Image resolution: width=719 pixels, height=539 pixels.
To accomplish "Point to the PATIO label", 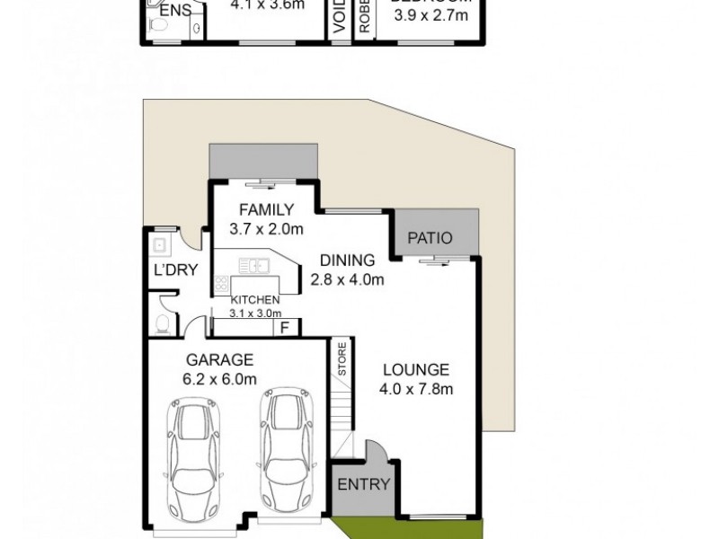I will (430, 239).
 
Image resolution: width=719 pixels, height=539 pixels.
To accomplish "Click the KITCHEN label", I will (255, 300).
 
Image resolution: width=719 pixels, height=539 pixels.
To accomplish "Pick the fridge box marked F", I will (284, 327).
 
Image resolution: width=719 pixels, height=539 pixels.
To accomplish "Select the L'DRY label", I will (174, 269).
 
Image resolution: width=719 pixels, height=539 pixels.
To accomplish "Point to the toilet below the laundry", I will (163, 323).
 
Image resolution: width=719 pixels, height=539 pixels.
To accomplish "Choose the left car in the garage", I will (196, 458).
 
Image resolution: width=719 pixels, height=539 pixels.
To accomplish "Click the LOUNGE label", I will (416, 370).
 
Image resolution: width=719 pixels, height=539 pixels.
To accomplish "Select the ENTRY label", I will (363, 484).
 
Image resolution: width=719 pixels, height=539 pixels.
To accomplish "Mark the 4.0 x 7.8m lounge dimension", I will (416, 389).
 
